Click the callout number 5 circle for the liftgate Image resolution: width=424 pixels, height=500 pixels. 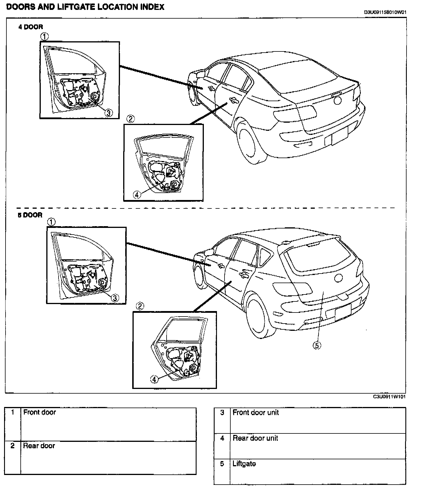coord(317,345)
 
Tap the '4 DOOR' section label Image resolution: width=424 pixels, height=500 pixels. coord(31,27)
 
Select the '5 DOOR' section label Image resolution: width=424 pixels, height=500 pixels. coord(30,215)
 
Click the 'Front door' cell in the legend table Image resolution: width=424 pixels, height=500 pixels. coord(40,412)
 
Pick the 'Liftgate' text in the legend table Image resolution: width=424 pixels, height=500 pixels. coord(244,464)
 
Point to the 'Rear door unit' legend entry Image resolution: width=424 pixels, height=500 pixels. coord(255,438)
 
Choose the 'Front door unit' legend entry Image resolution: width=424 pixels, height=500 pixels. coord(256,412)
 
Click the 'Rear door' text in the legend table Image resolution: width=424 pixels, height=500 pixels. coord(39,446)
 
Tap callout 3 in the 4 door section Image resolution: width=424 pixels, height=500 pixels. coord(109,113)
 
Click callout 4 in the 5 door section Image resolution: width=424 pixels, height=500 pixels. coord(154,379)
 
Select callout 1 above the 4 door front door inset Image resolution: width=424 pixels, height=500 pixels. coord(44,37)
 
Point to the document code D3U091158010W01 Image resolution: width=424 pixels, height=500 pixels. coord(385,12)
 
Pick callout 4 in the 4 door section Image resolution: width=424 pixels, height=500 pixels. coord(137,194)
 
